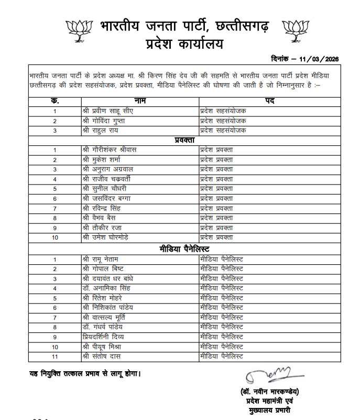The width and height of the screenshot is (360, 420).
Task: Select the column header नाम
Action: click(x=140, y=100)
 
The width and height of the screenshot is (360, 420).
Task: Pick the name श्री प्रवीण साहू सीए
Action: click(x=106, y=111)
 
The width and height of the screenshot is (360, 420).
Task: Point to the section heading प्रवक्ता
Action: click(x=185, y=140)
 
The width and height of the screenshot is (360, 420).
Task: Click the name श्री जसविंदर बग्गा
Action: click(x=107, y=199)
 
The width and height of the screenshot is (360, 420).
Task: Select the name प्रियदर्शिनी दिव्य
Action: click(x=105, y=337)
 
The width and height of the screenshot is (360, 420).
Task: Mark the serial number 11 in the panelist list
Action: click(x=54, y=357)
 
